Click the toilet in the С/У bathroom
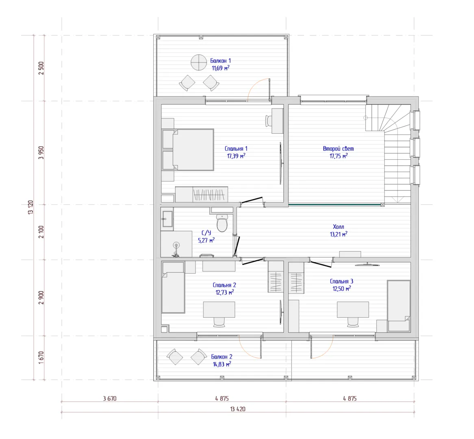coord(222,223)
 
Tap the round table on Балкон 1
coord(199,62)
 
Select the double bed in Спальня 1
coord(188,150)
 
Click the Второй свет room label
coord(338,148)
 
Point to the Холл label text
coord(338,226)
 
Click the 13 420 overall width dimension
coord(237,409)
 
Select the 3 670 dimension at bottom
coord(109,398)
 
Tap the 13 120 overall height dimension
coord(30,207)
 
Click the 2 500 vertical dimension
coord(41,68)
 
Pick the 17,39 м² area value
coord(236,156)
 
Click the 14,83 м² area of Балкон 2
coord(222,364)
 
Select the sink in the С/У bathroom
coord(167,218)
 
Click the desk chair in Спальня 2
coord(219,322)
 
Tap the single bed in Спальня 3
coord(399,306)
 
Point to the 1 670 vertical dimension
coord(41,358)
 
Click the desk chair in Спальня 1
coord(269,121)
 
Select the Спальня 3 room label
coord(341,281)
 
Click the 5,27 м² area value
coord(206,240)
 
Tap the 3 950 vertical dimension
coord(41,153)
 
